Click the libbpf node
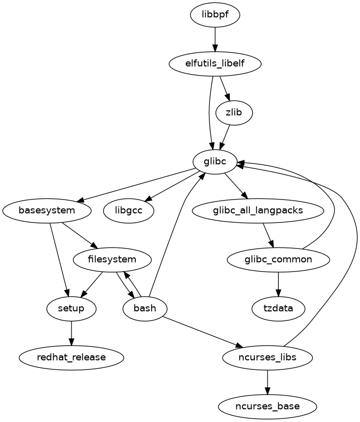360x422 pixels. tap(214, 15)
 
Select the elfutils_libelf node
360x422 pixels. tap(215, 64)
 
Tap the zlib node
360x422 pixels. tap(234, 113)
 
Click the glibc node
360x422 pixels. tap(214, 162)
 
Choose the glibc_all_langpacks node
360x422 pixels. tap(258, 210)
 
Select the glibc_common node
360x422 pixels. tap(278, 259)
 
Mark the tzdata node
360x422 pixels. tap(278, 308)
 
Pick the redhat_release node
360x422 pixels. tap(71, 357)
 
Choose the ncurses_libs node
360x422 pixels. tap(267, 357)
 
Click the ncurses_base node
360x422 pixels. tap(267, 406)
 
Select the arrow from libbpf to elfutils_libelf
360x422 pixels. tap(215, 40)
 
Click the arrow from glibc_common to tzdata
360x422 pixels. tap(278, 284)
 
